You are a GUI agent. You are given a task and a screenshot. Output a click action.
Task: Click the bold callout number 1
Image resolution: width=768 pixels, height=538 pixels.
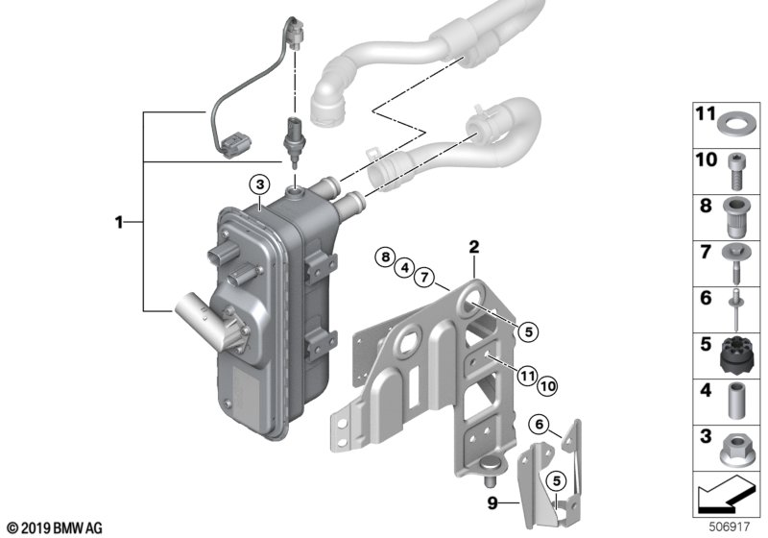click(x=119, y=222)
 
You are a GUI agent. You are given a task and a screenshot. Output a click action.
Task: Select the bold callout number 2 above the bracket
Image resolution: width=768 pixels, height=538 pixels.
click(x=473, y=248)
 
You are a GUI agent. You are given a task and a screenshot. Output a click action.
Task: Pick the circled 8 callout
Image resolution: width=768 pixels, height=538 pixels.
click(x=386, y=257)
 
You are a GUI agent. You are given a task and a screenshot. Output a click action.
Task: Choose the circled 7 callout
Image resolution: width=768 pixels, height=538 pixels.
click(x=421, y=279)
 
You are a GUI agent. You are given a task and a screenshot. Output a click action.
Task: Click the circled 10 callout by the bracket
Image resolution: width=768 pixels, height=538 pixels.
click(x=546, y=385)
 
